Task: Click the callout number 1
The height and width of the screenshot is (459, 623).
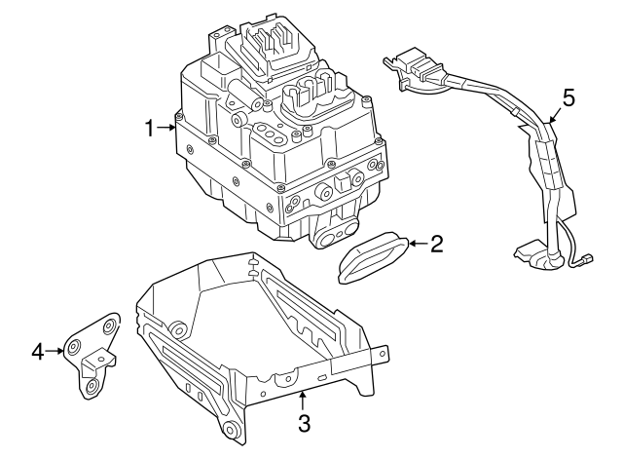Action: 150,128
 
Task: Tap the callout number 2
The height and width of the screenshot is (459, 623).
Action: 436,244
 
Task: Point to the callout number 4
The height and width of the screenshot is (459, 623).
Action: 38,351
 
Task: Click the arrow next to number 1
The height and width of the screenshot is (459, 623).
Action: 168,128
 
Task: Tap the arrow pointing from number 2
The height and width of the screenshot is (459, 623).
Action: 415,244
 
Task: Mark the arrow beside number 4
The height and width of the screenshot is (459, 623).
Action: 55,351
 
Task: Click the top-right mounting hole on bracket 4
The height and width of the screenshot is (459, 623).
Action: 110,325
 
